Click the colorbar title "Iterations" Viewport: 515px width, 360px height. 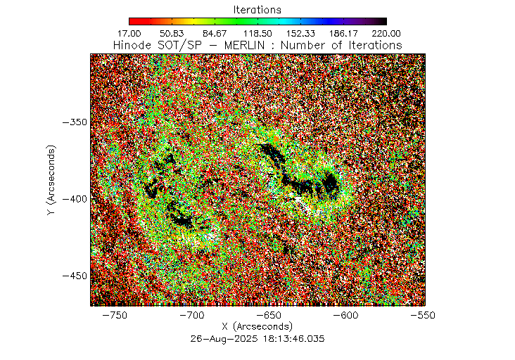(257, 10)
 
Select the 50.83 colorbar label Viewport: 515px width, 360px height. (172, 33)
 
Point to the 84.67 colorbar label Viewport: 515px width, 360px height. (215, 33)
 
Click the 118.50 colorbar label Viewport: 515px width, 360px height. (257, 33)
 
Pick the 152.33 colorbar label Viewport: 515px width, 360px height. (300, 33)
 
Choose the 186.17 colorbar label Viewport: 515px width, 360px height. (343, 33)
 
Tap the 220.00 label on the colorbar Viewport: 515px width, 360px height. (386, 33)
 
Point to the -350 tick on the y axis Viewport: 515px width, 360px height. (73, 122)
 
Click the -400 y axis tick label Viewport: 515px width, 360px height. (73, 199)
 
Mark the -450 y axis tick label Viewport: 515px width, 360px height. (73, 276)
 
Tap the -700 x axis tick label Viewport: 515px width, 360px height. (192, 316)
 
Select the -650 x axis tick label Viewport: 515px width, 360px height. (270, 316)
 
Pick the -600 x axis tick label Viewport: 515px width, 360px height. (348, 316)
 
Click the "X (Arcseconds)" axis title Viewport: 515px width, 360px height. (257, 327)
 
